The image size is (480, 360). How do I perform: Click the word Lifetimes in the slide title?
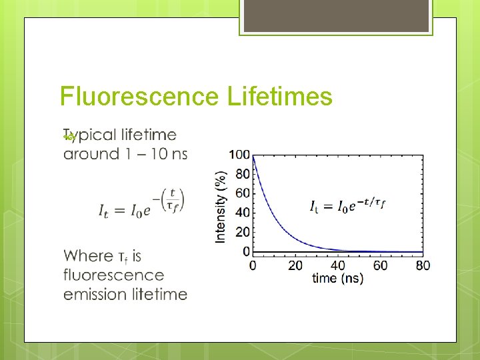[279, 97]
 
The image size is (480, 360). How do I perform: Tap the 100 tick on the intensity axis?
[239, 155]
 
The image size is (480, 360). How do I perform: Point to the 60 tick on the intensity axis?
[243, 193]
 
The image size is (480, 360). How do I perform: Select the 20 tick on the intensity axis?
[243, 232]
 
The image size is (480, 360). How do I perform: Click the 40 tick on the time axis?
[337, 265]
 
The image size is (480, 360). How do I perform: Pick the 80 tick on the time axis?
[423, 265]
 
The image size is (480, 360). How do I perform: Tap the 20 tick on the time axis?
[295, 265]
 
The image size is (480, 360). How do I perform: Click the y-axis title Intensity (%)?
[221, 205]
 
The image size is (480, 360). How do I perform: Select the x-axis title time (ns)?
[337, 278]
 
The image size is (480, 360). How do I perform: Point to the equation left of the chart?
[141, 203]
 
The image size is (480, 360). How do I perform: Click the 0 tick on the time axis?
[252, 265]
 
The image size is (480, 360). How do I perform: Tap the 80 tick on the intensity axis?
[243, 174]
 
